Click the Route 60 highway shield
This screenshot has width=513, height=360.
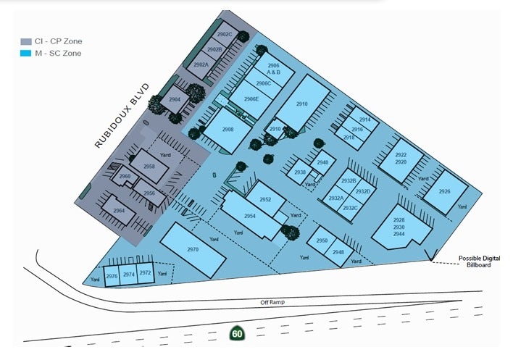pyautogui.click(x=236, y=333)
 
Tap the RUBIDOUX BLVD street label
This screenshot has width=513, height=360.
pyautogui.click(x=122, y=116)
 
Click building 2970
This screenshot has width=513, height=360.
pyautogui.click(x=193, y=249)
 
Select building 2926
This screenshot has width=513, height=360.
pyautogui.click(x=444, y=192)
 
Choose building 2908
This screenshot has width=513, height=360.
pyautogui.click(x=227, y=129)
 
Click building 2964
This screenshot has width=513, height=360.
pyautogui.click(x=119, y=211)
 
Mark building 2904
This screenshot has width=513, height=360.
pyautogui.click(x=174, y=101)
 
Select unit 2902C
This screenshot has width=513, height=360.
pyautogui.click(x=225, y=35)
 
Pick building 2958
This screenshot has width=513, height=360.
pyautogui.click(x=149, y=167)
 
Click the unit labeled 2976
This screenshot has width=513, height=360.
pyautogui.click(x=112, y=276)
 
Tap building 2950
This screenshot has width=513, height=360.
pyautogui.click(x=322, y=240)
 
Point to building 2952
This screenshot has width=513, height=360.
pyautogui.click(x=265, y=200)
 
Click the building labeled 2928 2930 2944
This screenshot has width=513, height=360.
pyautogui.click(x=399, y=227)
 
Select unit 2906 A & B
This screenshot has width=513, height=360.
pyautogui.click(x=273, y=70)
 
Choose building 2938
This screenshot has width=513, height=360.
pyautogui.click(x=300, y=172)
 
